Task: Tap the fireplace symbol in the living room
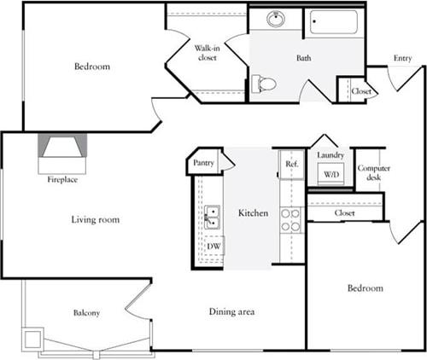[x=61, y=149]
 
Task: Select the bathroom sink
[x=276, y=19]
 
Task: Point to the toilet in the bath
[x=266, y=84]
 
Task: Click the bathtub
[x=335, y=22]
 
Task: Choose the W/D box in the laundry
[x=330, y=174]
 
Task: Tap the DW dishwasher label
[x=213, y=246]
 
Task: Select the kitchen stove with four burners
[x=290, y=220]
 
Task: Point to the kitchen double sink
[x=212, y=218]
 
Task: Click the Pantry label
[x=203, y=162]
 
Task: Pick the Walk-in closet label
[x=208, y=53]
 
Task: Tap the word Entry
[x=403, y=58]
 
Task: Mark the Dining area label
[x=232, y=312]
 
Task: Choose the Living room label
[x=95, y=220]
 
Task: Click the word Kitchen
[x=254, y=212]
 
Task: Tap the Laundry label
[x=330, y=155]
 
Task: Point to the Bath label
[x=304, y=59]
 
